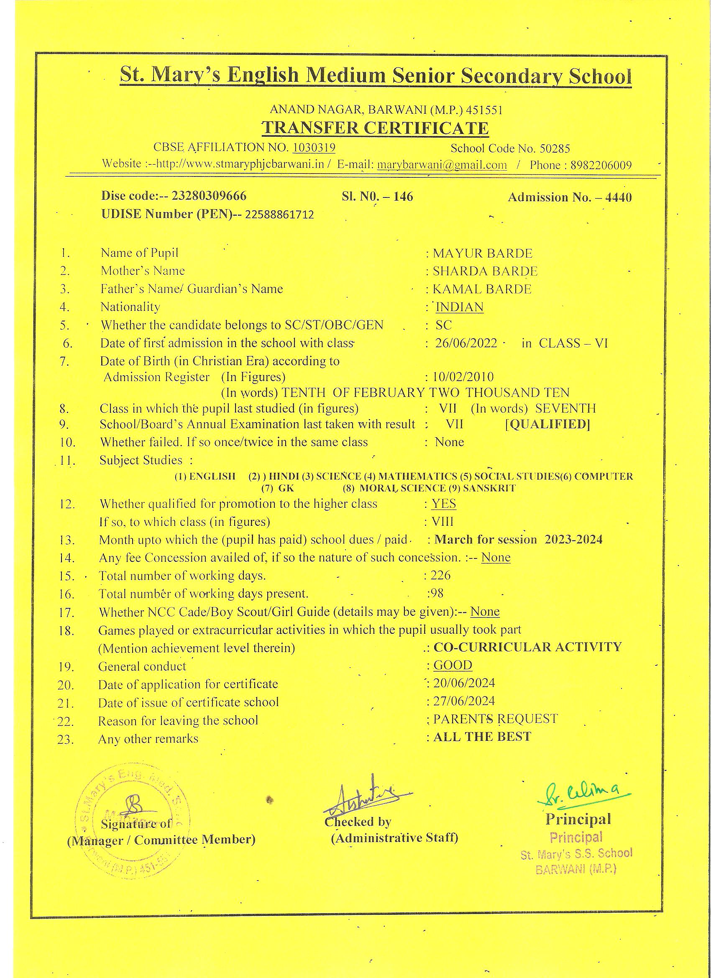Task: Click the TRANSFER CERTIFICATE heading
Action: click(x=375, y=128)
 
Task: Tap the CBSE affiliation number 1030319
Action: click(x=314, y=148)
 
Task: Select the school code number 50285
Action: click(x=555, y=149)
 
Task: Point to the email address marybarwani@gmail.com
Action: click(x=442, y=165)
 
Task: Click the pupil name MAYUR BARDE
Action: click(x=483, y=253)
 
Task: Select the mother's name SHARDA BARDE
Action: click(x=485, y=271)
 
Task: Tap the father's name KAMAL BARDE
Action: click(x=482, y=289)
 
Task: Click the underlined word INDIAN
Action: click(x=460, y=307)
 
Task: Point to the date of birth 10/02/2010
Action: click(x=463, y=377)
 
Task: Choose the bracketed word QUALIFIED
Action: click(x=547, y=424)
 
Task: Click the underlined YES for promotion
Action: click(x=444, y=504)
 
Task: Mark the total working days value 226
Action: click(x=441, y=575)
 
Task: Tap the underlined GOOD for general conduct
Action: click(x=453, y=665)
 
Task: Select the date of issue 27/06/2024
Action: click(x=464, y=701)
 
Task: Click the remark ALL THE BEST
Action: click(x=482, y=737)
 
